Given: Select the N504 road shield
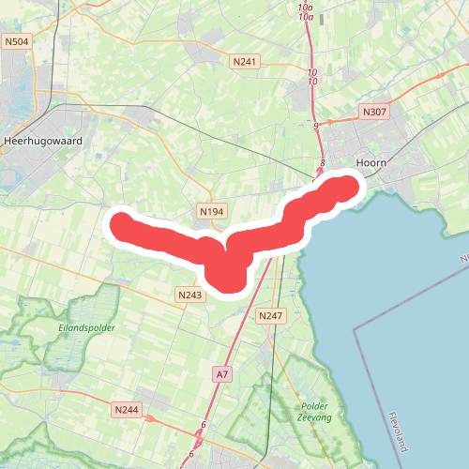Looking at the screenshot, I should [x=16, y=41].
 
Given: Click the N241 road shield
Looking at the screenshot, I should [x=244, y=62].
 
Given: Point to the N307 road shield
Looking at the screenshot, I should [x=374, y=112].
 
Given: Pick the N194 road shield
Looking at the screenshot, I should [x=212, y=213].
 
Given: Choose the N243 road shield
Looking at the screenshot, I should [x=189, y=295].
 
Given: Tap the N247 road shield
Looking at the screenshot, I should [x=269, y=315].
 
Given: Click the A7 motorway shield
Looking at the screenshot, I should [x=221, y=374].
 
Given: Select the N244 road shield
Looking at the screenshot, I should [x=126, y=410].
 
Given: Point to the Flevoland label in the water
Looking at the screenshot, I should [x=400, y=432].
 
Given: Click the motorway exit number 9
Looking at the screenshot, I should [x=316, y=126].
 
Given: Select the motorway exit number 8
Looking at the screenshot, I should [x=322, y=163].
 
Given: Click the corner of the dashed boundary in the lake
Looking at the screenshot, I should [x=355, y=329].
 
